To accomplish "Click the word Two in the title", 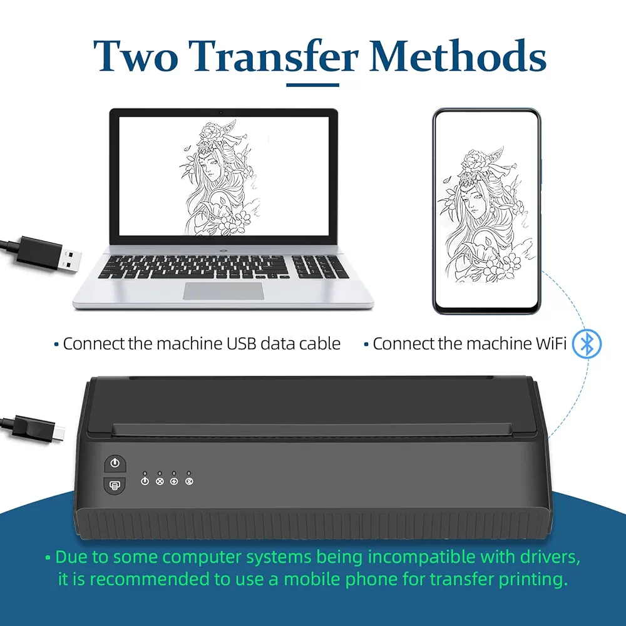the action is click(136, 56).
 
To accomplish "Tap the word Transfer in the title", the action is click(274, 56).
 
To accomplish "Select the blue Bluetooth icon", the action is click(587, 344).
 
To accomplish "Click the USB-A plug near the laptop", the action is click(48, 254).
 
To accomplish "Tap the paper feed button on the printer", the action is click(115, 486).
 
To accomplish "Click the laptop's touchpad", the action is click(223, 290).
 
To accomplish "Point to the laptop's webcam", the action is click(221, 113).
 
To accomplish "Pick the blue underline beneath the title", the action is click(312, 85).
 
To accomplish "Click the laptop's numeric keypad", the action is click(320, 267).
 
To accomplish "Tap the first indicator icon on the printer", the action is click(145, 481).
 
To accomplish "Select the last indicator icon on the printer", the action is click(189, 481).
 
